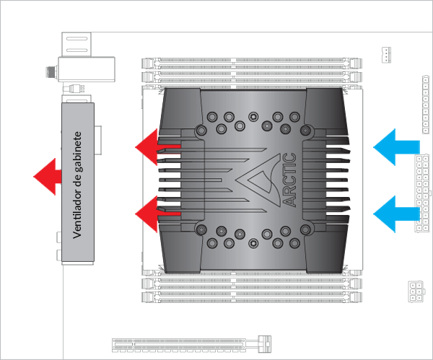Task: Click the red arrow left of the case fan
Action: (x=47, y=175)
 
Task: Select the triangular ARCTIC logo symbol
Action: (x=262, y=180)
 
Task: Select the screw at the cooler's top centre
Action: (x=253, y=115)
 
